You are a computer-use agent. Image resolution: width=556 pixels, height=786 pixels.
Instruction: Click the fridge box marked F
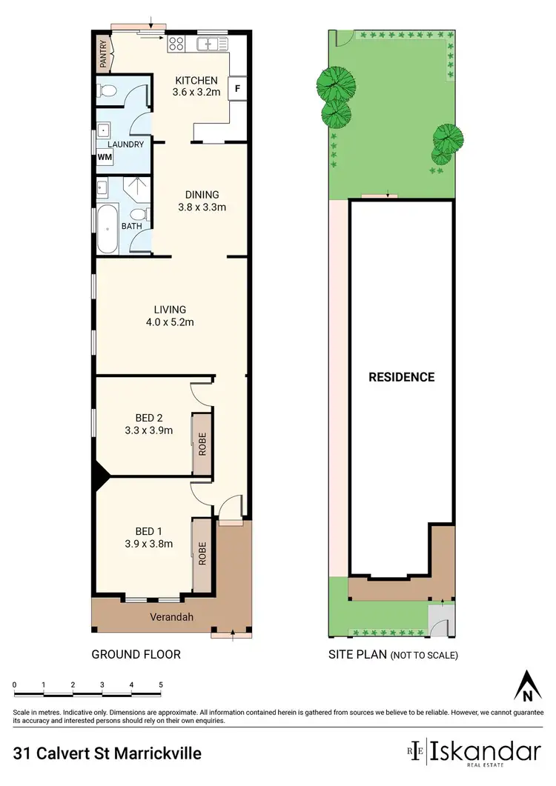point(237,88)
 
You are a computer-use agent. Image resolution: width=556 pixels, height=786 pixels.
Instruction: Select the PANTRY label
point(103,54)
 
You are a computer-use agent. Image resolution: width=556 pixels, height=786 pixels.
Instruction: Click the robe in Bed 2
point(200,444)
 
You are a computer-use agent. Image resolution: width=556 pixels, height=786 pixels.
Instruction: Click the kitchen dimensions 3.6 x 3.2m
point(196,93)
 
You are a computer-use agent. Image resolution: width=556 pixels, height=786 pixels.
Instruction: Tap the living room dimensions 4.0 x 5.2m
point(170,322)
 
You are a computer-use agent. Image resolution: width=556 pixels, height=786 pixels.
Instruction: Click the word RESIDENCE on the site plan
point(402,377)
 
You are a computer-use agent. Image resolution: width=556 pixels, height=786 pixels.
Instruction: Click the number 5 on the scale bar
point(160,685)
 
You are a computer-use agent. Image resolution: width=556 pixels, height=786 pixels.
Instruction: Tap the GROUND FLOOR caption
point(136,654)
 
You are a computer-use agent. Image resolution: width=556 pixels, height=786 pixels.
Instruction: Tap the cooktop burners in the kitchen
point(176,43)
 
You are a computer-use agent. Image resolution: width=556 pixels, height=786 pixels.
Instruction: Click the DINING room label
point(201,196)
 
